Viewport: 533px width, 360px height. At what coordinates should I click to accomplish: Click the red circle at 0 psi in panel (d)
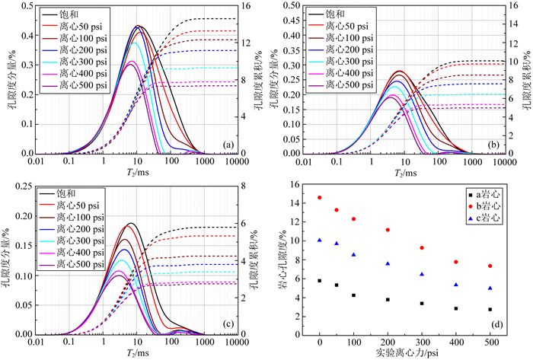point(319,198)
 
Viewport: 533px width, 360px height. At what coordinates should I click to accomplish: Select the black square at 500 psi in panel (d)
point(490,309)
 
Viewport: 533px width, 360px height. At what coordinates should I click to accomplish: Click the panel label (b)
point(493,145)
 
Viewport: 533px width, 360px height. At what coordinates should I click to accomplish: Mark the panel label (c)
point(228,323)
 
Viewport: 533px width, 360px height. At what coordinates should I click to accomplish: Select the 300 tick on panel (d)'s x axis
point(421,342)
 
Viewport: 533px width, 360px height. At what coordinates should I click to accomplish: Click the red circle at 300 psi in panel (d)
point(421,248)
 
